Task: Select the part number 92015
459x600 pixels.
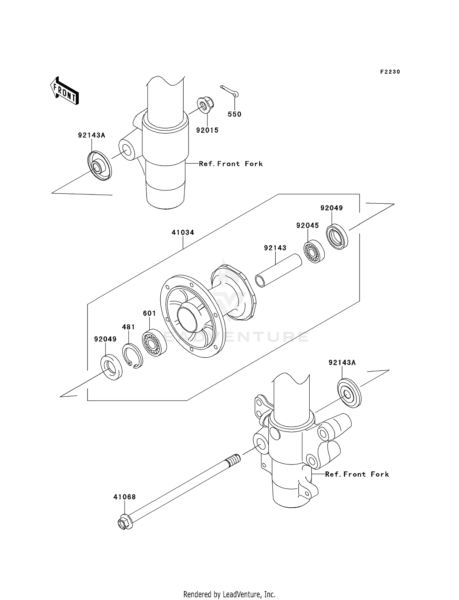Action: tap(207, 130)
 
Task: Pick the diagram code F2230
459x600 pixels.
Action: tap(390, 72)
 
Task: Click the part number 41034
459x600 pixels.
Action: tap(183, 232)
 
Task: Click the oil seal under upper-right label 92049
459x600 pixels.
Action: tap(337, 237)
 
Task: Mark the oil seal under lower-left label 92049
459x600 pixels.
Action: tap(111, 367)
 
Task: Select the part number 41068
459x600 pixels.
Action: tap(124, 497)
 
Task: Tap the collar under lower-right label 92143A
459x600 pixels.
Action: tap(349, 393)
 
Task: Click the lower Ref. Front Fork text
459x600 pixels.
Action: tap(357, 474)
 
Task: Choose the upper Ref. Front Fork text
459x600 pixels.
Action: tap(231, 164)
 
